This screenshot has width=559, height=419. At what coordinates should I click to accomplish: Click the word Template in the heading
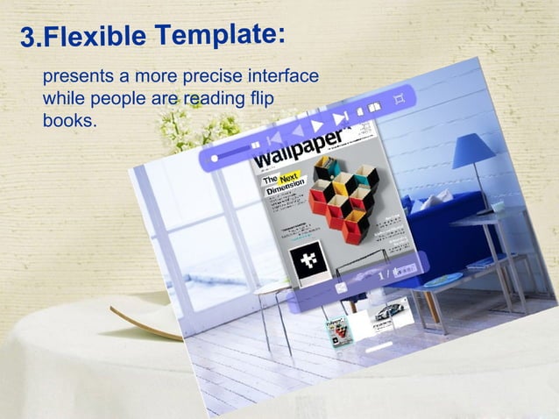pyautogui.click(x=215, y=35)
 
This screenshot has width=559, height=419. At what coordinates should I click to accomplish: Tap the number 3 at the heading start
pyautogui.click(x=29, y=39)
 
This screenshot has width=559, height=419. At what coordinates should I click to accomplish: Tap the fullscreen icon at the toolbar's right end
pyautogui.click(x=400, y=98)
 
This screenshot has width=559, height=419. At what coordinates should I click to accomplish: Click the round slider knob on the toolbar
pyautogui.click(x=214, y=157)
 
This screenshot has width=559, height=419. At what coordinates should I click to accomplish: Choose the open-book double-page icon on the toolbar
pyautogui.click(x=374, y=108)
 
